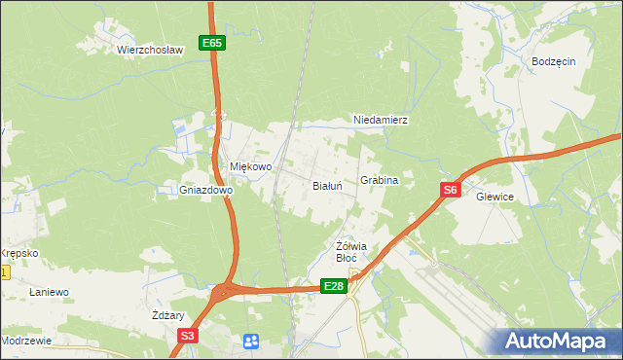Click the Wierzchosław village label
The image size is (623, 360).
[150, 49]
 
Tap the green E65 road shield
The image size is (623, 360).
[213, 43]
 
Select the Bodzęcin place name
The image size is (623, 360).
[554, 60]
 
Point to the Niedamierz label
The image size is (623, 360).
[379, 121]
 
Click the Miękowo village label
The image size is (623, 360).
[250, 166]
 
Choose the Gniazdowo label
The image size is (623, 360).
[205, 191]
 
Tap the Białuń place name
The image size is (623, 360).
[326, 185]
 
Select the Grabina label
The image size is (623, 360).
[380, 181]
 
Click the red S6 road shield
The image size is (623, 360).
[449, 191]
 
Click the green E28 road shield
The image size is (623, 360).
[334, 285]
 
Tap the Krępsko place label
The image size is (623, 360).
[18, 253]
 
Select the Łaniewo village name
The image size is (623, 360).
[48, 292]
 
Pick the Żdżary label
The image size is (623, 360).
[168, 316]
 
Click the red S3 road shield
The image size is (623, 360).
[188, 336]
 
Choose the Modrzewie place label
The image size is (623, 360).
[26, 342]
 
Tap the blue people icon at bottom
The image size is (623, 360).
[251, 341]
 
